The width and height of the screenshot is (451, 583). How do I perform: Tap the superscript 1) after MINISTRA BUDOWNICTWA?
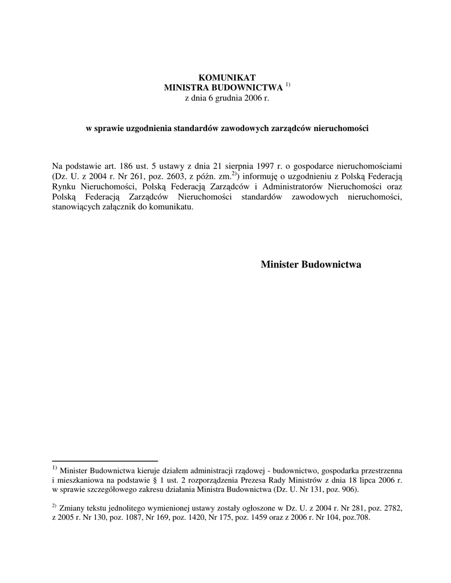pos(288,85)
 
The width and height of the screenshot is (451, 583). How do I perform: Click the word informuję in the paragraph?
pos(261,176)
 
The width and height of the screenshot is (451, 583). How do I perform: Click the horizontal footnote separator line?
pos(105,460)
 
